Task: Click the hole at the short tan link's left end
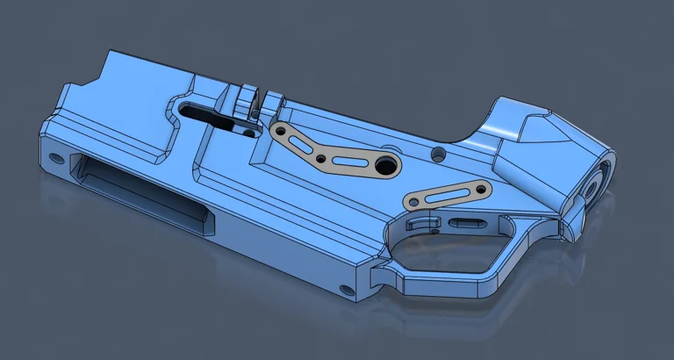412,202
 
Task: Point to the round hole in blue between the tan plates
438,155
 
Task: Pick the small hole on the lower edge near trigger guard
344,288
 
